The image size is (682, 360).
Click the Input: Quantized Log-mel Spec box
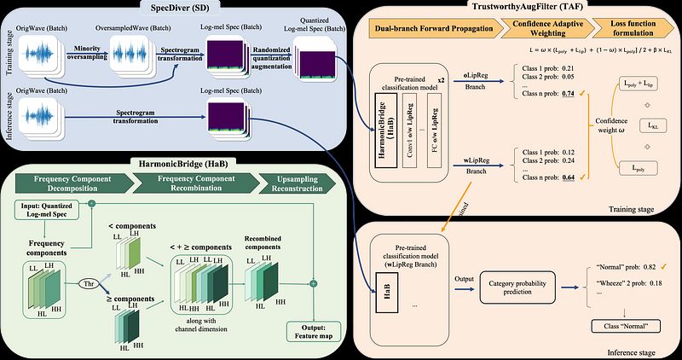[x=54, y=209]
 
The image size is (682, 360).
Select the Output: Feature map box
[x=315, y=332]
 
